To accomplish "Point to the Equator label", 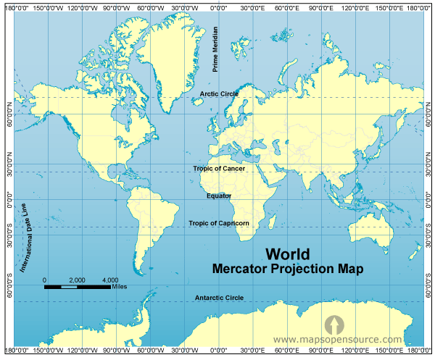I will tap(219, 196).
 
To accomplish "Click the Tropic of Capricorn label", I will tap(219, 223).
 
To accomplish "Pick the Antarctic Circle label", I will tap(219, 298).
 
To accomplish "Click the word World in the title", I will tap(287, 254).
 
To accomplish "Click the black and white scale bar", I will tap(77, 287).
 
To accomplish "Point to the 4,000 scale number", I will tap(110, 280).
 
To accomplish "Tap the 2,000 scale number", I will tap(77, 280).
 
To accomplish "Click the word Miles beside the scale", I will tap(122, 287).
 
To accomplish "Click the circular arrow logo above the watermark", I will tap(333, 323).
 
